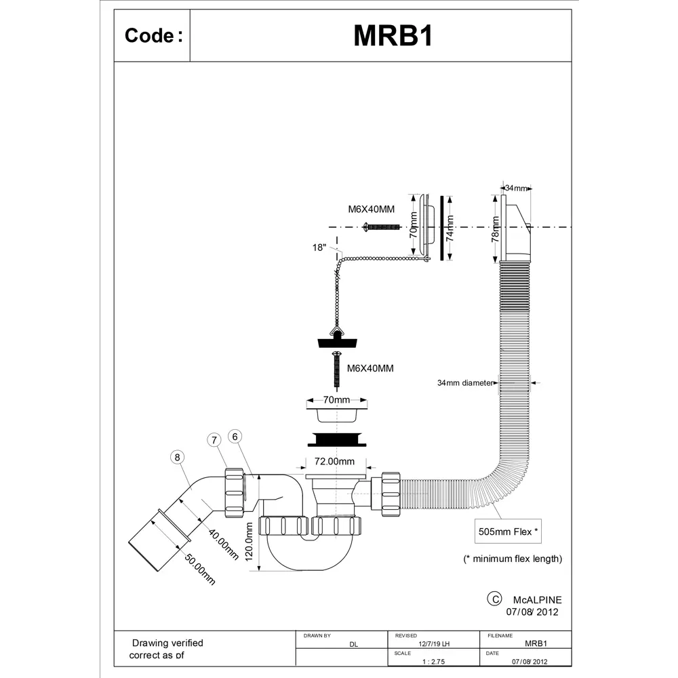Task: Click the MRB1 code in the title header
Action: click(393, 37)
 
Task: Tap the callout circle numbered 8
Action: click(177, 458)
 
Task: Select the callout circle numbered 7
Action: click(215, 440)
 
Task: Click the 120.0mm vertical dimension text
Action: click(250, 546)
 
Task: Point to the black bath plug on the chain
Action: click(336, 342)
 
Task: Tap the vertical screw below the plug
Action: click(336, 369)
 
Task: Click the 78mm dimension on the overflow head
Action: click(496, 228)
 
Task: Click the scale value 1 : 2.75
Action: click(434, 660)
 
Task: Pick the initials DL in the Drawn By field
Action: click(353, 645)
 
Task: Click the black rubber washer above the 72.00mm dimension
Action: click(336, 439)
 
